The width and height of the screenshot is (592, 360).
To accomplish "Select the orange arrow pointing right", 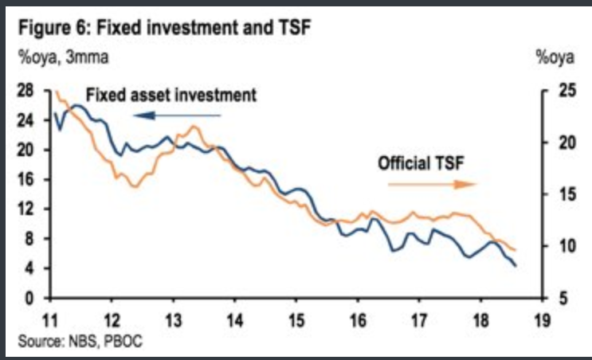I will click(x=431, y=184).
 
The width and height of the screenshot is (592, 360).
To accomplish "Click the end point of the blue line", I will click(x=516, y=265).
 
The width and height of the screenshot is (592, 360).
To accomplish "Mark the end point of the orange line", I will click(x=516, y=251).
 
